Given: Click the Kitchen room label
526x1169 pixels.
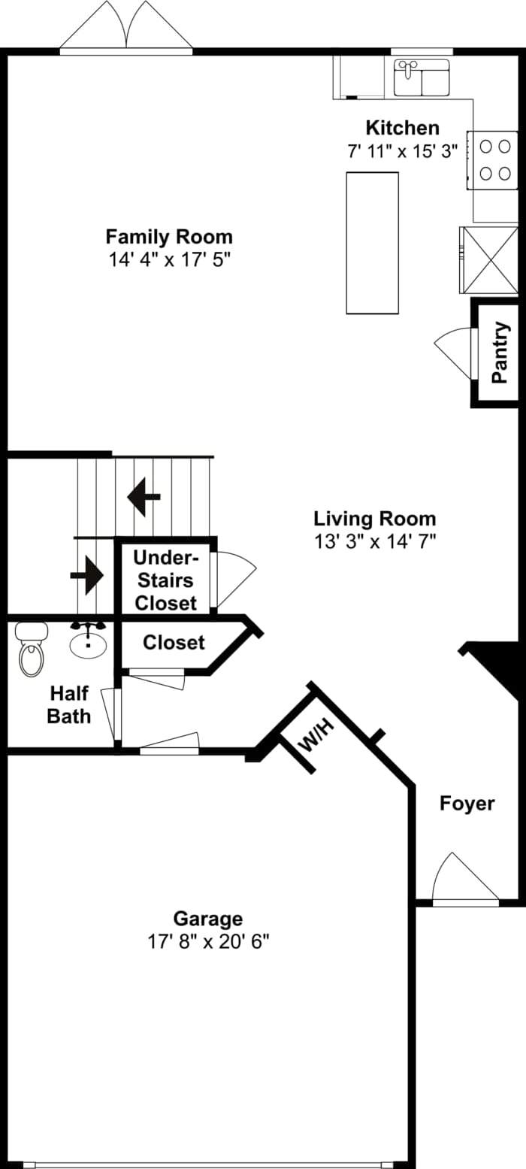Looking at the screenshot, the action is pos(402,128).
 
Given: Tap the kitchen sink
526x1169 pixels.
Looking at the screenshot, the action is pos(421,78).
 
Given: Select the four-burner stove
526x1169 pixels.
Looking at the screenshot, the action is pos(493,159).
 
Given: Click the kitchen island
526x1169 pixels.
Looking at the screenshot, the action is pos(372,242).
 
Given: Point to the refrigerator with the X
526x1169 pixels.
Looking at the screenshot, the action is pos(489,259).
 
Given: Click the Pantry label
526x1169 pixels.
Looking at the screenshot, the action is pos(500,353).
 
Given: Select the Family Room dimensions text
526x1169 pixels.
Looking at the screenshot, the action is pos(168,259).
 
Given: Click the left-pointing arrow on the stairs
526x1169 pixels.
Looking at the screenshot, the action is pos(143,496).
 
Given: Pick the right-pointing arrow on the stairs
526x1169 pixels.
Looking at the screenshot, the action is pos(87,575).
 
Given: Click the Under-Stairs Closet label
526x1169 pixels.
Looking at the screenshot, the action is pos(166,580).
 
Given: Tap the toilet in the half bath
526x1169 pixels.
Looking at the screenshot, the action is pos(32,652).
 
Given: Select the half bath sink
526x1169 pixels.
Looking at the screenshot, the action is pos(89,643).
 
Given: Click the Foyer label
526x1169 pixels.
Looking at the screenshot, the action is pos(467,804).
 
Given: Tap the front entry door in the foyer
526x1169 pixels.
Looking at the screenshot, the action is pos(465,880).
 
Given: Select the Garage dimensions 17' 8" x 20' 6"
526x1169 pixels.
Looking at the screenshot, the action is pos(208,941).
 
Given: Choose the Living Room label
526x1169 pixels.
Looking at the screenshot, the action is pos(374,519).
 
